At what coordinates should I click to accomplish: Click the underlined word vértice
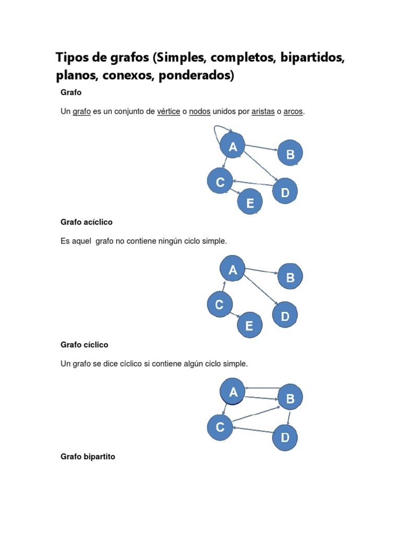pos(169,112)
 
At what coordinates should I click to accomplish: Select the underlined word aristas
pos(263,112)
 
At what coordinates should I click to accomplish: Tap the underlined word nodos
pos(199,112)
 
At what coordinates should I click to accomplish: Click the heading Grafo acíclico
pos(87,222)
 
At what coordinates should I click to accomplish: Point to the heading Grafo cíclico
pos(85,345)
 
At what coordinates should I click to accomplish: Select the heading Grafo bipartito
pos(88,457)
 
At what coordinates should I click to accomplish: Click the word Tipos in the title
pos(73,58)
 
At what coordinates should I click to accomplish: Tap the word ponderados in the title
pos(195,76)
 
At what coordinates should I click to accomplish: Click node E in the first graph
pos(250,203)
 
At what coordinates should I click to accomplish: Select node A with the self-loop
pos(233,147)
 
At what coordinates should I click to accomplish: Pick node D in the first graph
pos(285,192)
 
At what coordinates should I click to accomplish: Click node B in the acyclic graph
pos(290,277)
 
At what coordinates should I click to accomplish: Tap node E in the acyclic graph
pos(250,326)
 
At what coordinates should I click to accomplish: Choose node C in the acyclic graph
pos(220,305)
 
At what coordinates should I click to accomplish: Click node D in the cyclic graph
pos(285,437)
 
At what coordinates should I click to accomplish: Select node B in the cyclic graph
pos(290,399)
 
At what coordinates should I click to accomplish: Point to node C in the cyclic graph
pos(220,427)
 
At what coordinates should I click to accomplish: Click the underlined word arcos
pos(293,112)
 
